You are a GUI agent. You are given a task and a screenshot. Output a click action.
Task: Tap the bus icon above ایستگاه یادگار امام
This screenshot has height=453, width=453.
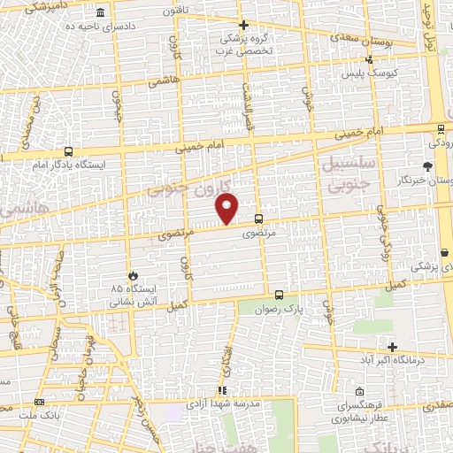pyautogui.click(x=67, y=150)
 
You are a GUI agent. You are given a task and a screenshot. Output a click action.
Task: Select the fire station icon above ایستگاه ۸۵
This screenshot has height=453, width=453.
pyautogui.click(x=134, y=276)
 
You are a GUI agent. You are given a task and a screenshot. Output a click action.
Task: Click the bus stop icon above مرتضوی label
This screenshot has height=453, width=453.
pyautogui.click(x=258, y=219)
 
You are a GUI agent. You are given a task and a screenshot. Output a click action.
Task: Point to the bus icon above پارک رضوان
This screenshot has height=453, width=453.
pyautogui.click(x=279, y=295)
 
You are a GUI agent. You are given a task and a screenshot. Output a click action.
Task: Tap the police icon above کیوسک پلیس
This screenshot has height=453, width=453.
pyautogui.click(x=370, y=60)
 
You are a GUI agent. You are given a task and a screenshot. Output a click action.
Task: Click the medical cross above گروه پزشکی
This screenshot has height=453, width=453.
pyautogui.click(x=244, y=25)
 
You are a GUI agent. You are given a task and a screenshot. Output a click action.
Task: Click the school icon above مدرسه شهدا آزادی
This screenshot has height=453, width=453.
pyautogui.click(x=222, y=389)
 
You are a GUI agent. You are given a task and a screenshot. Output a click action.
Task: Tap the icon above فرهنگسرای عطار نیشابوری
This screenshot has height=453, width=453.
pyautogui.click(x=358, y=391)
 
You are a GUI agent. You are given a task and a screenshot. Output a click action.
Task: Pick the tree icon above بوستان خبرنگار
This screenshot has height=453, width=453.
pyautogui.click(x=428, y=165)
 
